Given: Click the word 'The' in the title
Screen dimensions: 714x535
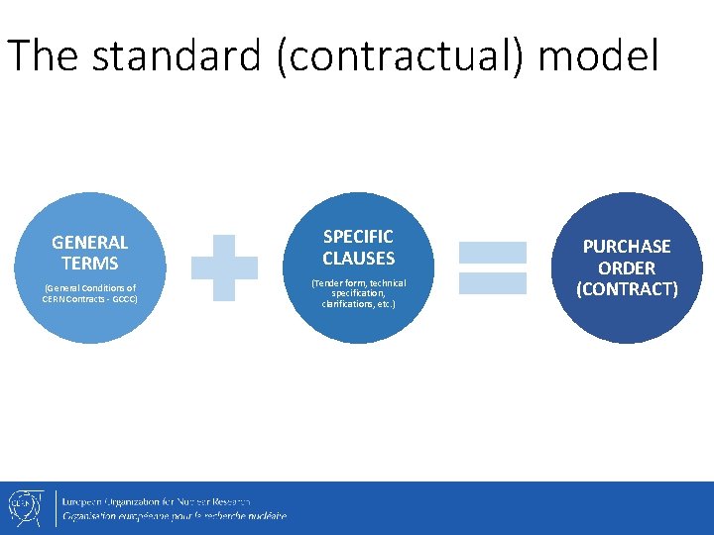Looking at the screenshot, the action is (43, 56).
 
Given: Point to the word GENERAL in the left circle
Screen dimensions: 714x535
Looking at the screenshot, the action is (89, 242).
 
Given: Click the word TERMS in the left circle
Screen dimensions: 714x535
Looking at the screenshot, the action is (89, 264).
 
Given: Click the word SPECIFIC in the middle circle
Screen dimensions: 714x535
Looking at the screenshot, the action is (358, 237).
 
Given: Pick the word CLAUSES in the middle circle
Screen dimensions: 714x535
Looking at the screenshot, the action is (358, 259).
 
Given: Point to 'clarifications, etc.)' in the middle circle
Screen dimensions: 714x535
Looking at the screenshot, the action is (358, 303).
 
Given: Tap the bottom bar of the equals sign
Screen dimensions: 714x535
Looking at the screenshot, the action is (492, 283).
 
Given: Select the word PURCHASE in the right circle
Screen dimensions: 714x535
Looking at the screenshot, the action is (626, 247).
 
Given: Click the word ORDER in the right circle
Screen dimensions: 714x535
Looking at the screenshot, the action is (626, 268).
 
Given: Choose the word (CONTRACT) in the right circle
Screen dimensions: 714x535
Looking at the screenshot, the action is (626, 289).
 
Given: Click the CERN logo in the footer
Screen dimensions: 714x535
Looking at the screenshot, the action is (23, 507).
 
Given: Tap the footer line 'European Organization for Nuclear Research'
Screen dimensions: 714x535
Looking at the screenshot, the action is (157, 501).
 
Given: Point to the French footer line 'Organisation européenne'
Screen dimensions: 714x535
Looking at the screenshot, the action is (175, 516).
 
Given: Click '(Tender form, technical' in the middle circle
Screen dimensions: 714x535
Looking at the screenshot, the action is (358, 282).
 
